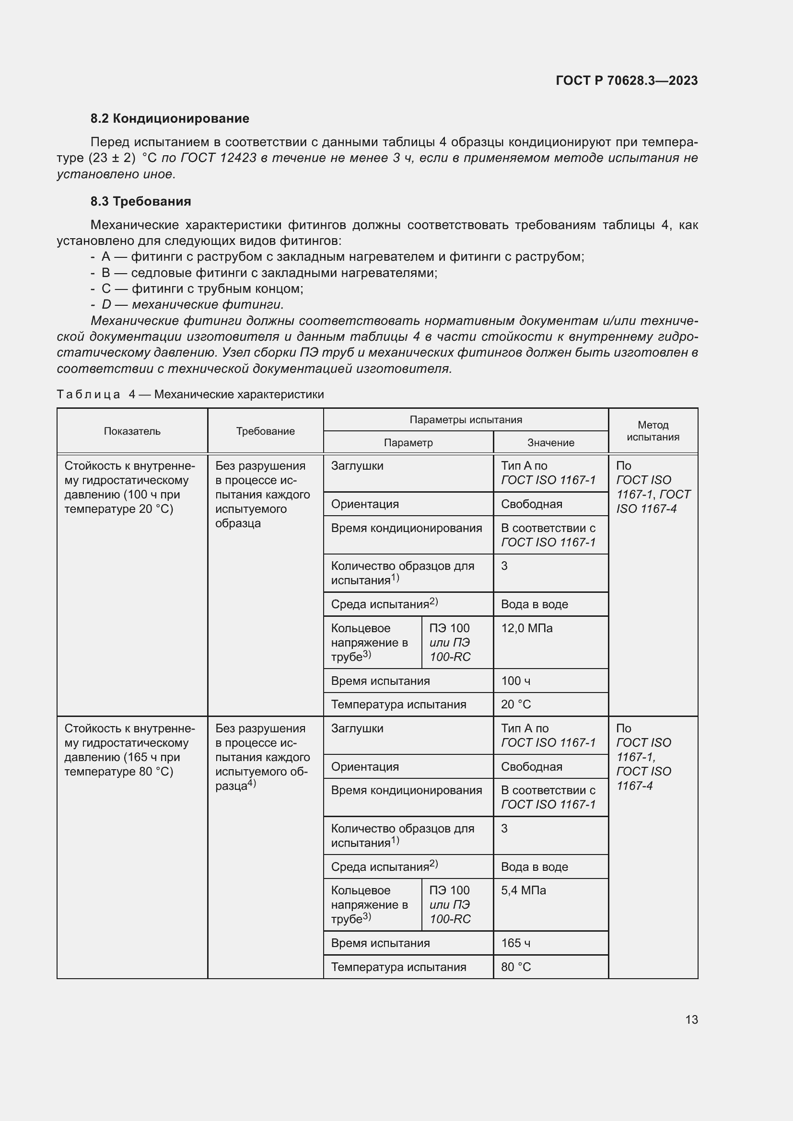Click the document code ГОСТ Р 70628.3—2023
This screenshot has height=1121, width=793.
pyautogui.click(x=627, y=81)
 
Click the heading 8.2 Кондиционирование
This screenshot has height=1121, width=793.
pyautogui.click(x=169, y=118)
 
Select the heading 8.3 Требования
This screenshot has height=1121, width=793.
pyautogui.click(x=140, y=201)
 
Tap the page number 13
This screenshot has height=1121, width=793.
pyautogui.click(x=691, y=1019)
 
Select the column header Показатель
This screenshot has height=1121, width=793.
pyautogui.click(x=132, y=431)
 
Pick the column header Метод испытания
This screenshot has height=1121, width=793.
pyautogui.click(x=653, y=431)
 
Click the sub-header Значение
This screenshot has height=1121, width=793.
pyautogui.click(x=550, y=442)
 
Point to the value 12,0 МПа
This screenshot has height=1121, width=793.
pyautogui.click(x=526, y=628)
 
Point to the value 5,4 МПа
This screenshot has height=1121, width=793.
pyautogui.click(x=523, y=890)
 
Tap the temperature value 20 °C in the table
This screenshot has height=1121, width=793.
pyautogui.click(x=516, y=704)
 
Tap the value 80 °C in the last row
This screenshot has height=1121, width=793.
pyautogui.click(x=516, y=967)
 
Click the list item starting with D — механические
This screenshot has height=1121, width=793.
pyautogui.click(x=192, y=305)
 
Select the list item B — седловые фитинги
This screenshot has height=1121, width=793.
pyautogui.click(x=268, y=272)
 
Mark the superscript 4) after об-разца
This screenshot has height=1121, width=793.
pyautogui.click(x=252, y=783)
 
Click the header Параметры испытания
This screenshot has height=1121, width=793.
pyautogui.click(x=466, y=419)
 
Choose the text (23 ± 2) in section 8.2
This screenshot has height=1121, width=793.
pyautogui.click(x=112, y=158)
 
